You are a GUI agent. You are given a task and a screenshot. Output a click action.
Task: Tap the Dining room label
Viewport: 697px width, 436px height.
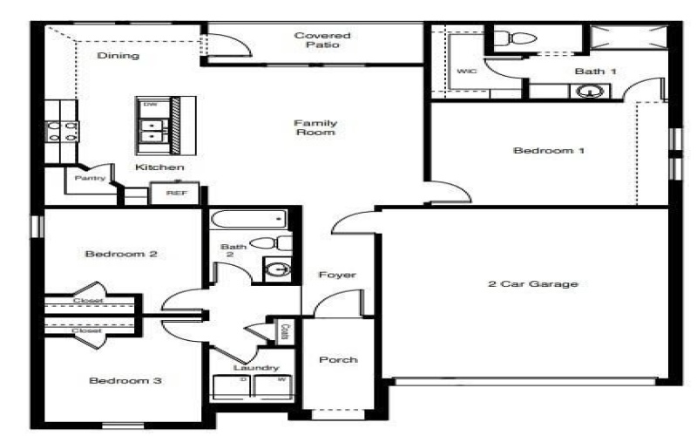pos(118,56)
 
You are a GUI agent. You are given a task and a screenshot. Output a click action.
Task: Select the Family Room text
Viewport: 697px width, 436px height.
pos(315,128)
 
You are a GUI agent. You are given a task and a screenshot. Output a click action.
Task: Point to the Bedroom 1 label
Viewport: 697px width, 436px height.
pos(548,151)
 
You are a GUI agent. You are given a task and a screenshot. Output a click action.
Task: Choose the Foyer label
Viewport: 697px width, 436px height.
pos(337,275)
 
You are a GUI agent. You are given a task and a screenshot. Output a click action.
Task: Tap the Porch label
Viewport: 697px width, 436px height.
pos(337,360)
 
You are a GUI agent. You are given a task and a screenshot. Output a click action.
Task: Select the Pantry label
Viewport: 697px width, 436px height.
pos(90,179)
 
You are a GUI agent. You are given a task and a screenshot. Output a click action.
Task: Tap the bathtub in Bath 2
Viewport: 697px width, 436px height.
pos(248,219)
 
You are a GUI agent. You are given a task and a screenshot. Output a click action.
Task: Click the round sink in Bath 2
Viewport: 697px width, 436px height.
pos(277,269)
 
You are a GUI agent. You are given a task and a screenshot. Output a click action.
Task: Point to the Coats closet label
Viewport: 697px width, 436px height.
pos(285,331)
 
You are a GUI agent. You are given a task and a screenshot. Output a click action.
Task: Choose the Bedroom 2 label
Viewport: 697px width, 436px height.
pos(120,255)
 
